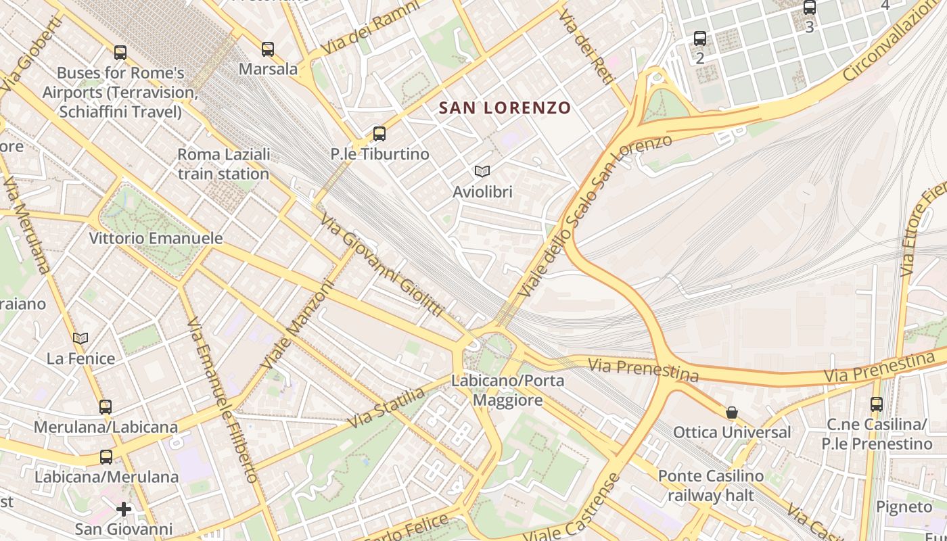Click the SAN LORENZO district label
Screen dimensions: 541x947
505,108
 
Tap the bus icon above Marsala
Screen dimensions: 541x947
268,49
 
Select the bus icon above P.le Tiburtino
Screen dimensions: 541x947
379,134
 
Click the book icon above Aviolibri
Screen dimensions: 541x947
482,172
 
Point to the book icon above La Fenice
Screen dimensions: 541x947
80,338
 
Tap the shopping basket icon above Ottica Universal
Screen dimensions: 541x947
732,412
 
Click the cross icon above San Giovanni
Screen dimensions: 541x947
124,509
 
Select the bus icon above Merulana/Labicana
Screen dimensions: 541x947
106,407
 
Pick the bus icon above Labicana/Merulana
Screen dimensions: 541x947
106,456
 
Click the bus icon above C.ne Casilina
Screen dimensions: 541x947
877,404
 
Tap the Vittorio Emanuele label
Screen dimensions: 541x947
156,238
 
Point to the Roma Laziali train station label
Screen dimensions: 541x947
223,164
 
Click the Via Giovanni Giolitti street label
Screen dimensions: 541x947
382,265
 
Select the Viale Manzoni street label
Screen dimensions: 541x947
298,325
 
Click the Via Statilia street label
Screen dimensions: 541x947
387,407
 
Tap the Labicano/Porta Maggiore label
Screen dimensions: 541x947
507,390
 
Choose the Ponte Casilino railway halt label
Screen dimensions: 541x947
711,486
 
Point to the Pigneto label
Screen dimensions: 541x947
904,507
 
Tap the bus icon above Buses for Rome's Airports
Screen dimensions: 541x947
120,52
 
